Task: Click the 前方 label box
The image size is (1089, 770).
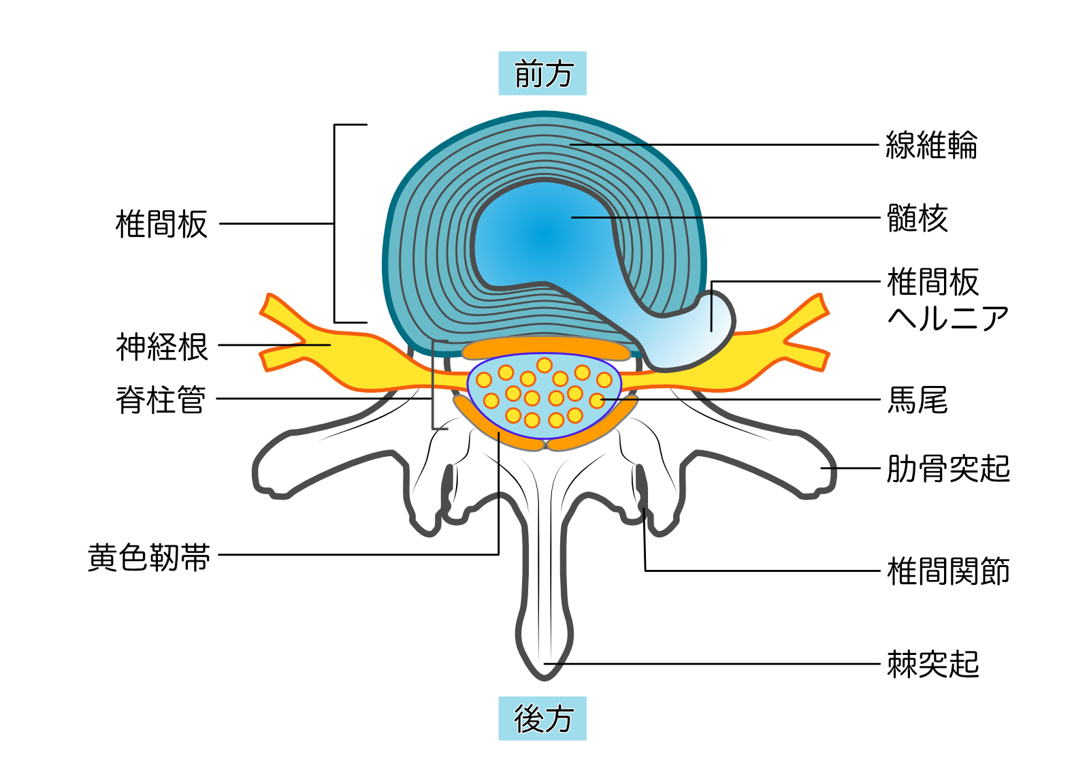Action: [x=542, y=74]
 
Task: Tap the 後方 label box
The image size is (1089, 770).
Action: [x=542, y=718]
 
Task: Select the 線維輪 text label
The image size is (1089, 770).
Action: [x=930, y=145]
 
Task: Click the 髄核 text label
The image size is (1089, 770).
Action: [x=917, y=218]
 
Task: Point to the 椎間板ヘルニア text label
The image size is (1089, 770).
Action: [x=947, y=300]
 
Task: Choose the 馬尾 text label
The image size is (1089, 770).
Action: [x=917, y=400]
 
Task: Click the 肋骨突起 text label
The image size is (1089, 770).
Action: [x=947, y=468]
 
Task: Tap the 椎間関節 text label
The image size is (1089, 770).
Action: [x=947, y=571]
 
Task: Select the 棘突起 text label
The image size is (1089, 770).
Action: [x=932, y=664]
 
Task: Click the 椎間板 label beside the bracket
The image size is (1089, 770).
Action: [x=161, y=224]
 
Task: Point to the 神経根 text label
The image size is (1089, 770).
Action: [x=161, y=347]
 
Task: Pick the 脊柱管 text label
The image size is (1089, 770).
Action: [x=161, y=399]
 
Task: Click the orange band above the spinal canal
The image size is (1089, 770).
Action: [x=546, y=348]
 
